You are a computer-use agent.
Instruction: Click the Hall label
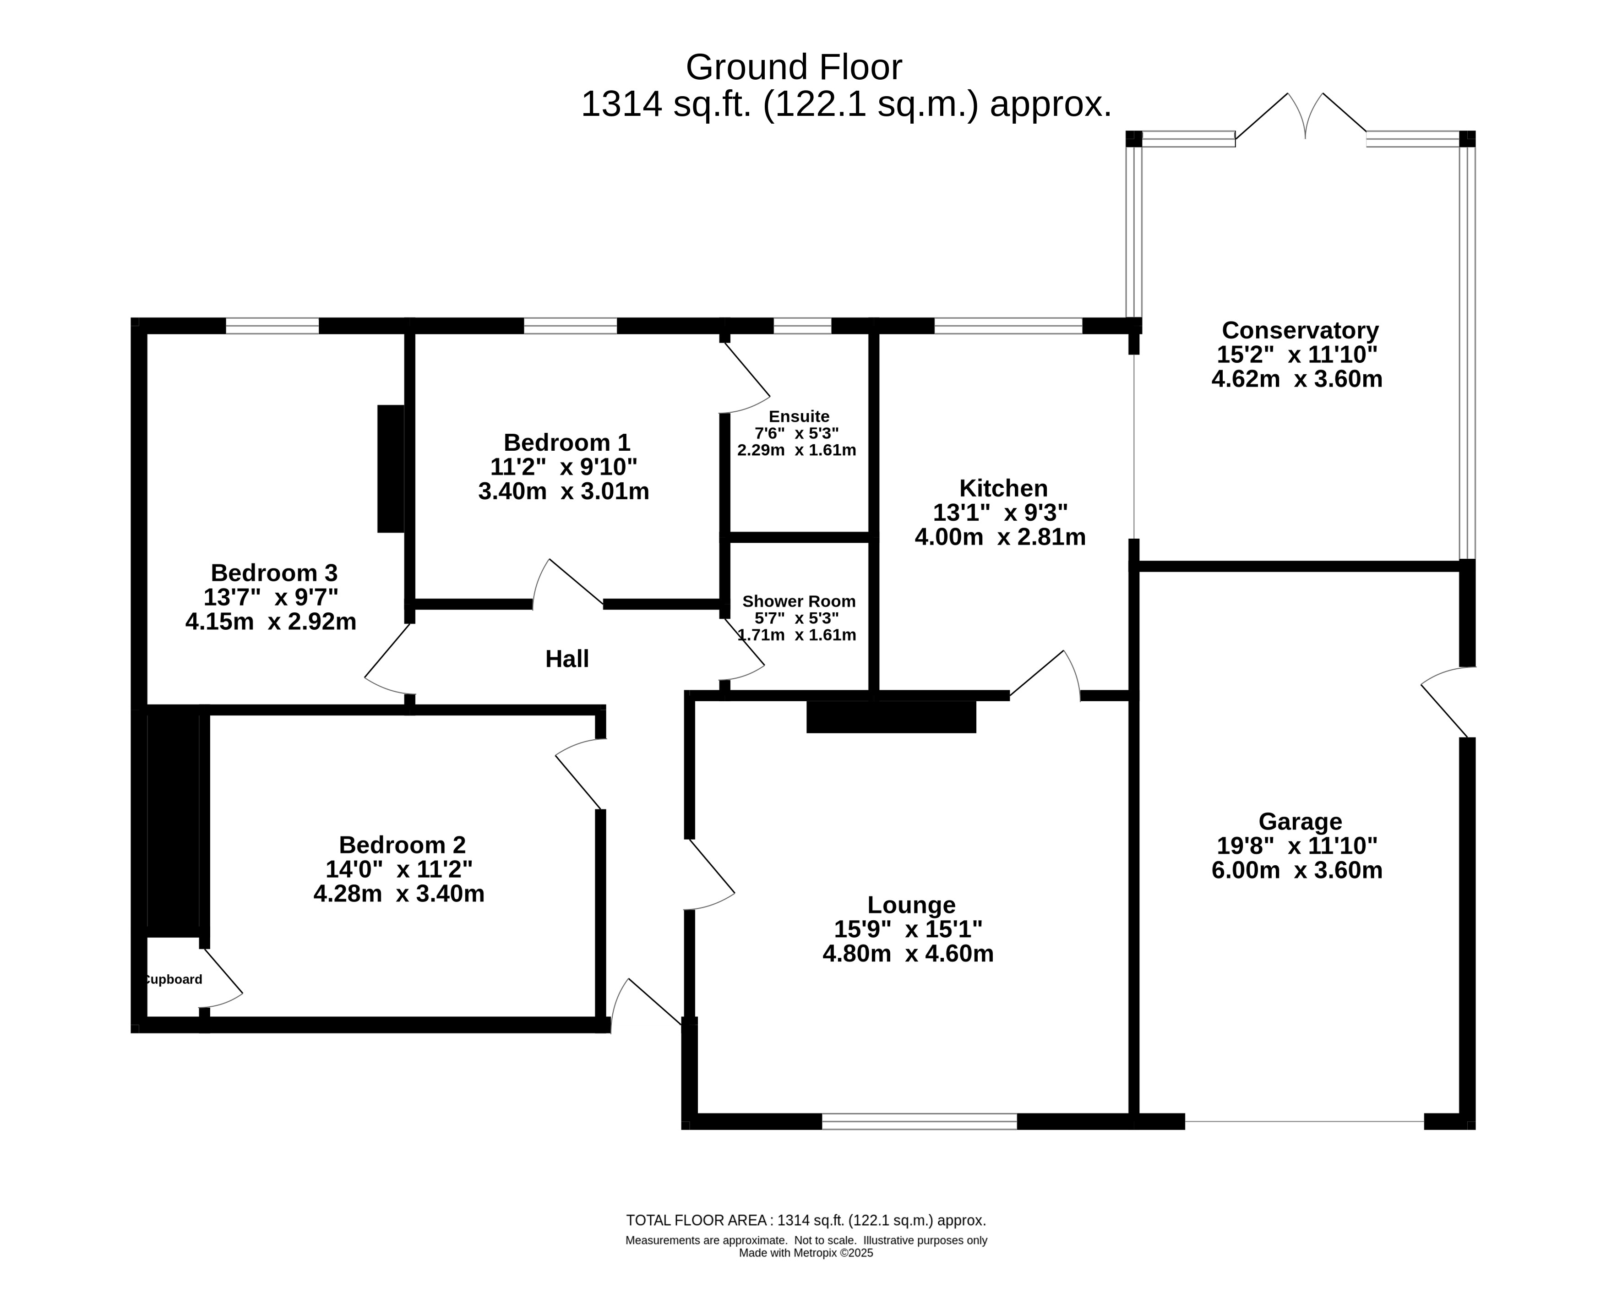click(x=566, y=659)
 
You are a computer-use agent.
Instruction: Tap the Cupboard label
click(x=173, y=979)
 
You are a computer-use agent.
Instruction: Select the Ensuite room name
click(x=799, y=416)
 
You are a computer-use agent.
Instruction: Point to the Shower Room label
click(x=799, y=601)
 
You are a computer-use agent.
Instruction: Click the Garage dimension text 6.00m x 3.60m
click(x=1297, y=870)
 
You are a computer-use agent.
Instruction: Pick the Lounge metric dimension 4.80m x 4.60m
click(x=908, y=954)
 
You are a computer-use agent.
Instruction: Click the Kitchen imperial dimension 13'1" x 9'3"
click(x=1000, y=513)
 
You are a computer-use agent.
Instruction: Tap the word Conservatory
click(x=1300, y=331)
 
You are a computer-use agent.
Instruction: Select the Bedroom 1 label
click(x=566, y=442)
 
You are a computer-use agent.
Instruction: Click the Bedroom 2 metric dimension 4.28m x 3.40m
click(x=399, y=894)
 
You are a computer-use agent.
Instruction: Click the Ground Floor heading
click(x=794, y=67)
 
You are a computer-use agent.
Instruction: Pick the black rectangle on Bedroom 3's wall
click(x=391, y=469)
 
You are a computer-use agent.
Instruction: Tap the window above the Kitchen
click(x=1008, y=326)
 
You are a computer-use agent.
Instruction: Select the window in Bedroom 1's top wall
click(x=570, y=326)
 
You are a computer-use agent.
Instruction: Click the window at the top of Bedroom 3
click(x=272, y=326)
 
